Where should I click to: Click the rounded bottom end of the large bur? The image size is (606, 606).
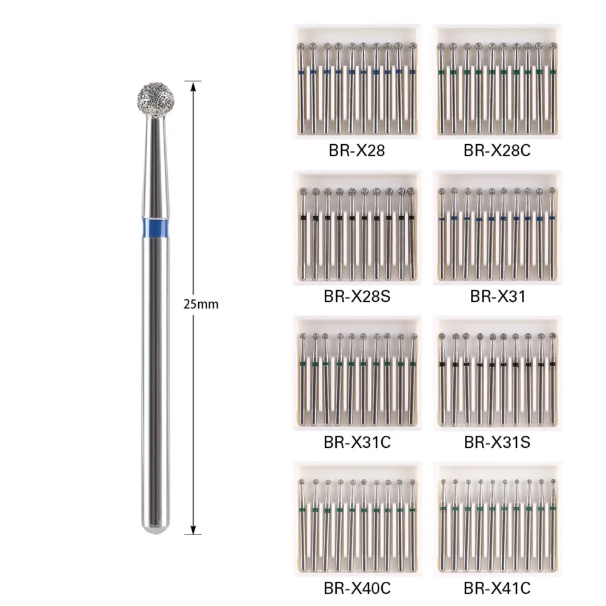pyautogui.click(x=156, y=528)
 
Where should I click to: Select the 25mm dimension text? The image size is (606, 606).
pyautogui.click(x=201, y=305)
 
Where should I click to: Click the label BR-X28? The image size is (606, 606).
pyautogui.click(x=357, y=150)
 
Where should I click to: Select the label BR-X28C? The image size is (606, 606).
pyautogui.click(x=497, y=150)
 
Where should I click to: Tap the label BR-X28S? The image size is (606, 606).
pyautogui.click(x=357, y=296)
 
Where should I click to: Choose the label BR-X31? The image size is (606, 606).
pyautogui.click(x=498, y=296)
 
